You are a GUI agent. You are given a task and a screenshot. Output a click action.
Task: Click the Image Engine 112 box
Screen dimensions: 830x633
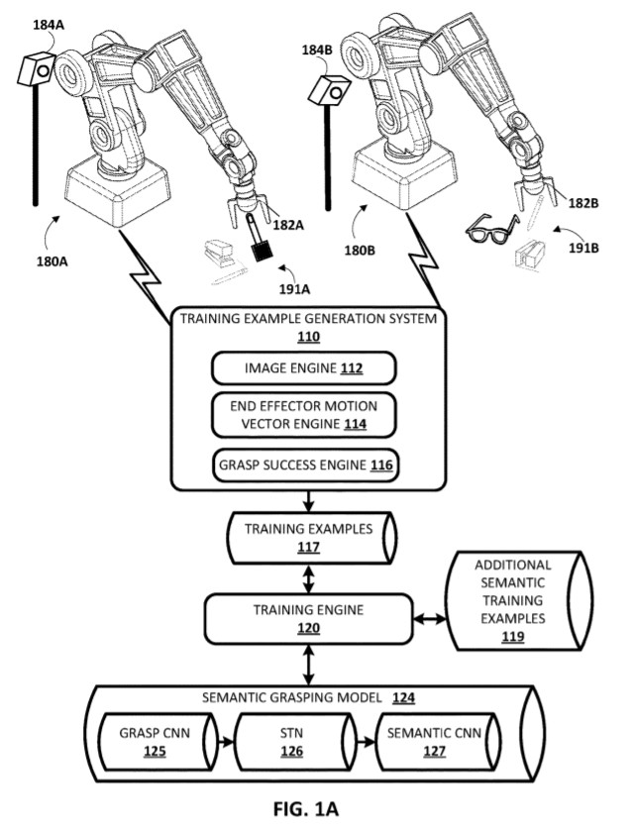[x=304, y=368]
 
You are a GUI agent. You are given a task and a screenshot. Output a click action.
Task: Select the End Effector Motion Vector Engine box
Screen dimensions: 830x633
[x=304, y=414]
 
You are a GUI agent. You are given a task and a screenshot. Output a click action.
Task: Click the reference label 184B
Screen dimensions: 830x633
[x=318, y=50]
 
